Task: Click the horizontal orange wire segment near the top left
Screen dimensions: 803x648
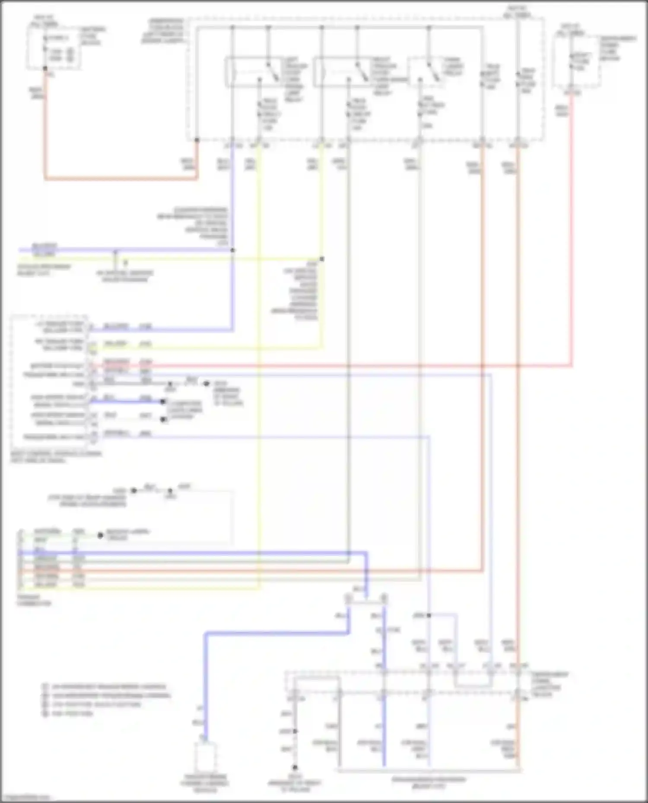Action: pyautogui.click(x=121, y=178)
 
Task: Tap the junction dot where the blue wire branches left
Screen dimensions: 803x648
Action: pyautogui.click(x=232, y=250)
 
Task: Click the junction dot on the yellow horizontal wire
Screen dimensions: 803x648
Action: pyautogui.click(x=322, y=259)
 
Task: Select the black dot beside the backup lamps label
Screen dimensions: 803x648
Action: pyautogui.click(x=100, y=535)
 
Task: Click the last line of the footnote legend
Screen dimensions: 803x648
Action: pyautogui.click(x=69, y=713)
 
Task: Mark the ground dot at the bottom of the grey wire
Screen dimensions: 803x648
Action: pyautogui.click(x=295, y=768)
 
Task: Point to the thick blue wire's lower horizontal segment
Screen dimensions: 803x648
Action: pyautogui.click(x=276, y=633)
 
